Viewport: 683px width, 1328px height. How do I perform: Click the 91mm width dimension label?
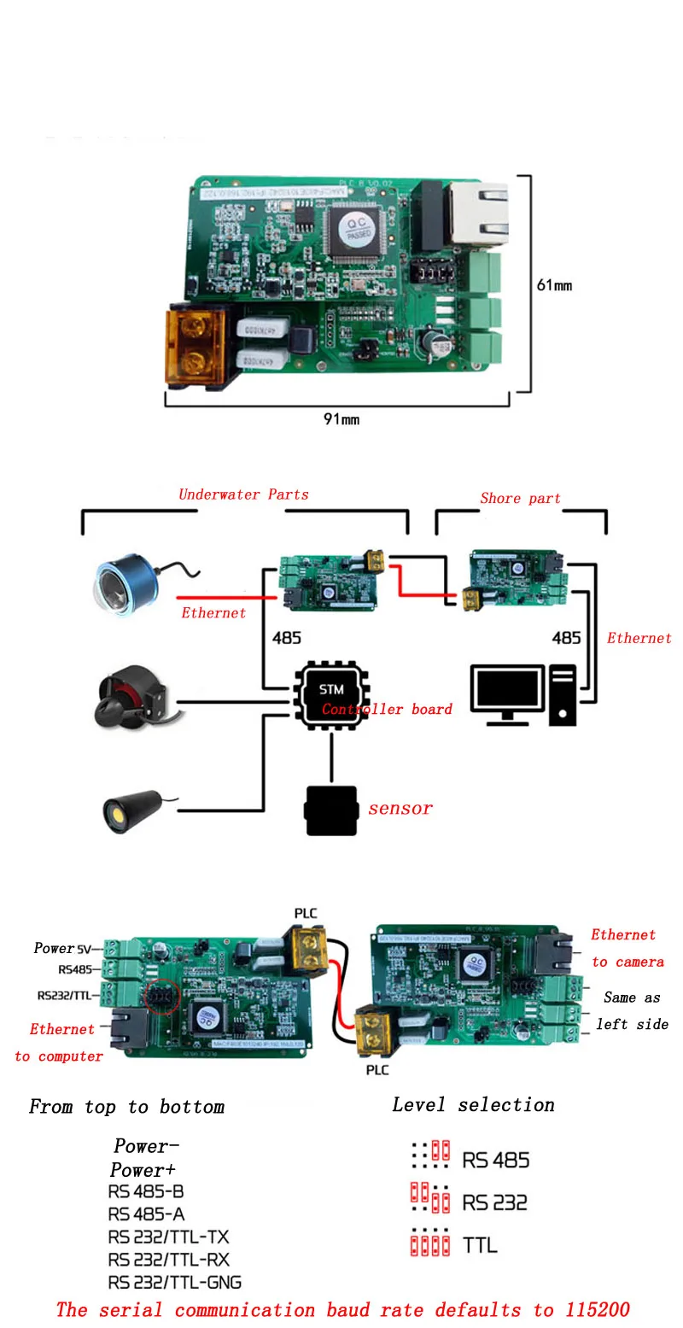pos(341,419)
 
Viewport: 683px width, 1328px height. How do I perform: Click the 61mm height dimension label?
pos(554,285)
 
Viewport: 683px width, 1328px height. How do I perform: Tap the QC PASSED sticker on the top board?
pos(357,229)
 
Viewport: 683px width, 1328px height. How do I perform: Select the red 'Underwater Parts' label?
pos(243,494)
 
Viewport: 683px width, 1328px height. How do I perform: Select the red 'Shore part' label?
pos(520,499)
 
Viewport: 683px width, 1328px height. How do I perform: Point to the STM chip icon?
pos(330,690)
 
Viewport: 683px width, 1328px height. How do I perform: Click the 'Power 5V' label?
pos(62,948)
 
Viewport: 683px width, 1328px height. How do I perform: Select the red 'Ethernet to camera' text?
pos(628,948)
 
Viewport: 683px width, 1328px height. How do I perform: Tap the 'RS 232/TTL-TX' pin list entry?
pos(168,1237)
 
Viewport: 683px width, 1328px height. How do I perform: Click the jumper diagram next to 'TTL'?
pos(429,1243)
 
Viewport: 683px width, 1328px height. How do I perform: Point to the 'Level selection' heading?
pos(473,1105)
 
